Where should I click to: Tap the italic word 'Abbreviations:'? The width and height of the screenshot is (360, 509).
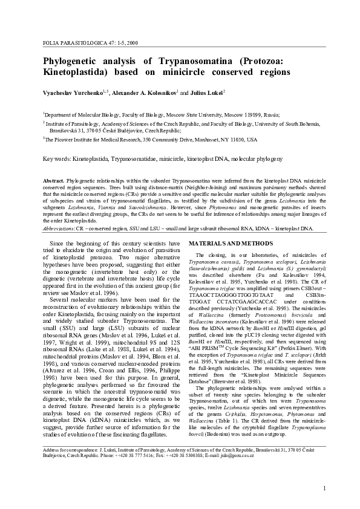tap(61, 229)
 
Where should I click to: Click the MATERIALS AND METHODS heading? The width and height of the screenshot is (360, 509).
tap(231, 244)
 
